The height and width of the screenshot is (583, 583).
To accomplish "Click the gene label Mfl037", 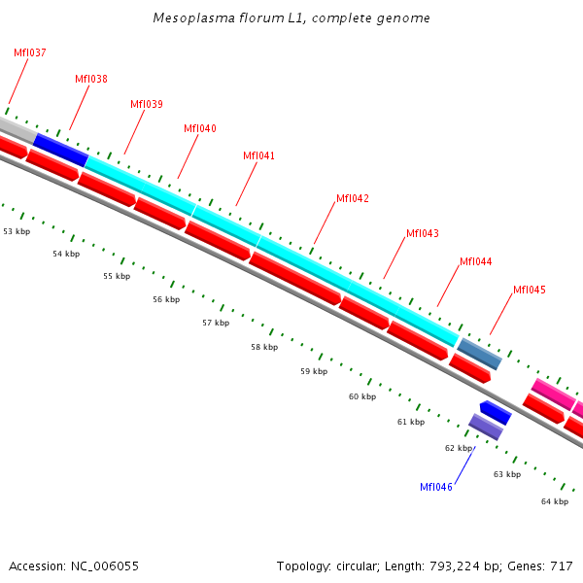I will [x=29, y=52].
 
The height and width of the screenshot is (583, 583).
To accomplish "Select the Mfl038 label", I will [x=91, y=80].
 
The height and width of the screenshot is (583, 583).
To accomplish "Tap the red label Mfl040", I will [x=200, y=128].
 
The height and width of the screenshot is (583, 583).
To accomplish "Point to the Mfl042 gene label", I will [x=353, y=198].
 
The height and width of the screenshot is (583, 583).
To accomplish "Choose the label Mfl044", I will [x=476, y=261].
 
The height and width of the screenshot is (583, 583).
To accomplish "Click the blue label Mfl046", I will [x=436, y=487].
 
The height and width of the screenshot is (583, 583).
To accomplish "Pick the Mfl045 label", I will [x=530, y=290].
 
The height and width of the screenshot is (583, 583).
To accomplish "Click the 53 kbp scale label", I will [x=17, y=232].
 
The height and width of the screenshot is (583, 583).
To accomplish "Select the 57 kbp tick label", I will [x=216, y=323].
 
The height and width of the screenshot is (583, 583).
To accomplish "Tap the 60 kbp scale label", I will [x=361, y=396].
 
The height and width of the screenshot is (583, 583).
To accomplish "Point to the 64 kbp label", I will [x=555, y=501].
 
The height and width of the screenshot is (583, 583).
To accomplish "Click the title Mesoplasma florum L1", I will [x=291, y=18].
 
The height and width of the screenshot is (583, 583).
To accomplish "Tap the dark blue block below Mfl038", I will [x=60, y=149].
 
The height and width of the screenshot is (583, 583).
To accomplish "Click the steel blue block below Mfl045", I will [x=479, y=354].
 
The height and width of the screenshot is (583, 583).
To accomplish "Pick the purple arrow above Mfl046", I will [x=486, y=427].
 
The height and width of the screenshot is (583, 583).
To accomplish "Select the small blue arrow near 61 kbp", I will [x=496, y=412].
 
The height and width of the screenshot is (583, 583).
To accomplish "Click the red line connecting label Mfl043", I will [x=394, y=259].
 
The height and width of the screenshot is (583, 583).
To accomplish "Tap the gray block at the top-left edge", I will [x=15, y=127].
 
